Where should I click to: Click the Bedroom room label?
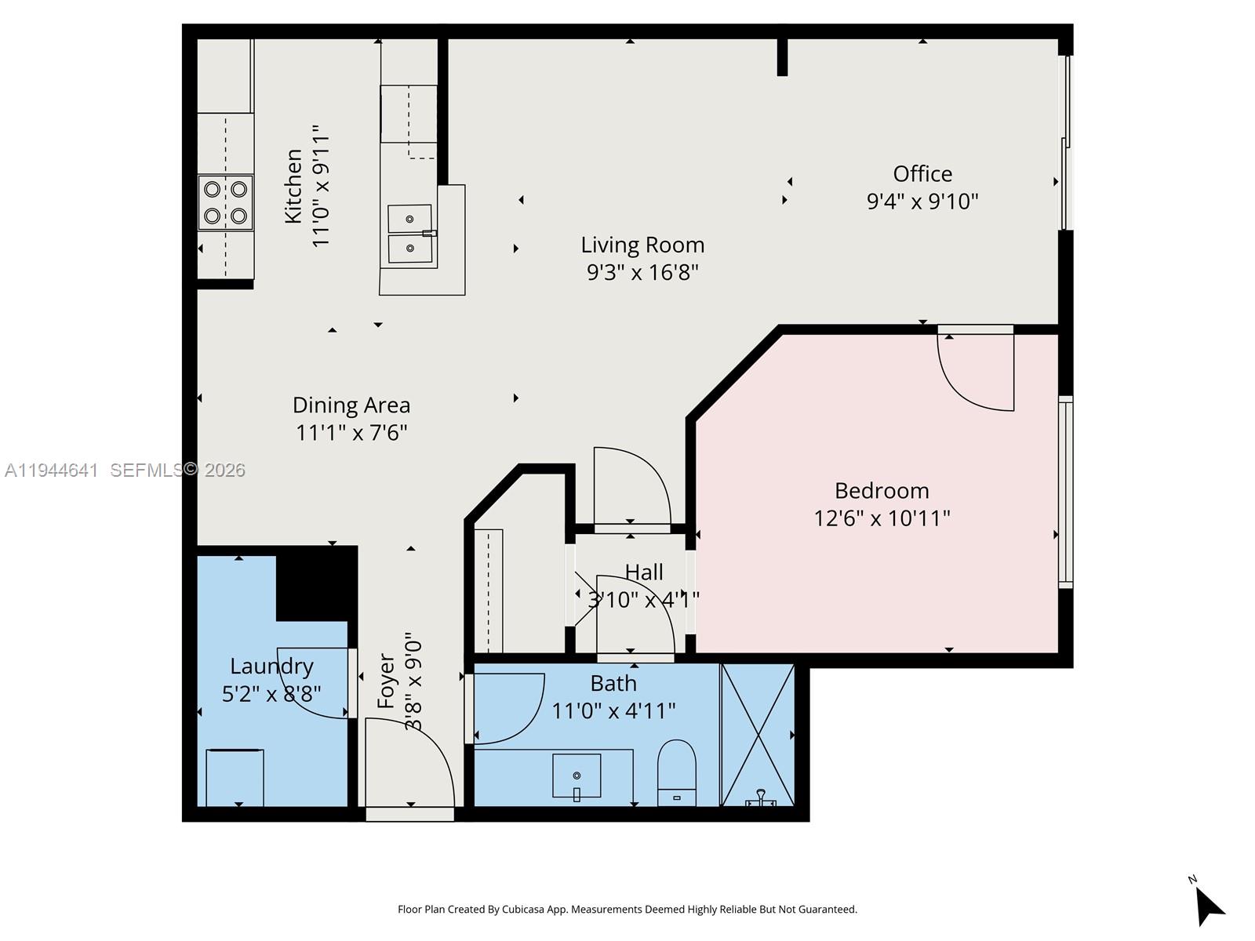882,491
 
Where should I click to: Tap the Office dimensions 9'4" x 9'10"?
922,202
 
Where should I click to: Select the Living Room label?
642,245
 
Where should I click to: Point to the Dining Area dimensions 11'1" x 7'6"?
351,433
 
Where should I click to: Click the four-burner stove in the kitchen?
226,202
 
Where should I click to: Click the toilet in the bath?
676,772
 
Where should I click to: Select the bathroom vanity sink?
577,776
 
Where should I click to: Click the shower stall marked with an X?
758,735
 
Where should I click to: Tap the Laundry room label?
271,667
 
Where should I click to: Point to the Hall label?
644,572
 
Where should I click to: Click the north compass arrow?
1209,906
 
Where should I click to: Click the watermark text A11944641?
52,470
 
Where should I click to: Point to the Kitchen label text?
293,186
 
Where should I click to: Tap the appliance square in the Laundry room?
235,777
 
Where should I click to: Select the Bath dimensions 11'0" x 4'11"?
613,711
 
